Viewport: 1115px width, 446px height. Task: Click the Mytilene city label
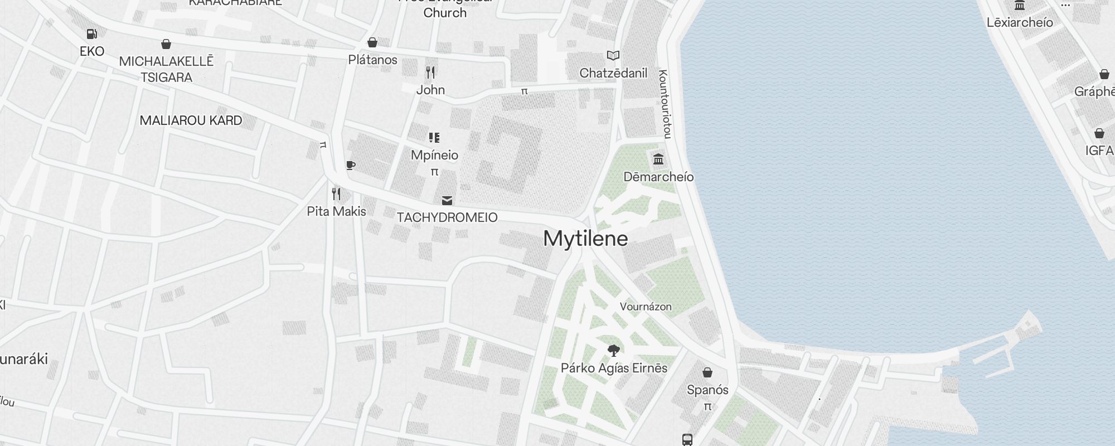point(585,239)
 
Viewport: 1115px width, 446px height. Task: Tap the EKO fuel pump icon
point(92,34)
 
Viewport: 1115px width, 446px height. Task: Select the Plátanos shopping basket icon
point(372,42)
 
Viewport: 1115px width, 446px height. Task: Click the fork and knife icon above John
point(430,72)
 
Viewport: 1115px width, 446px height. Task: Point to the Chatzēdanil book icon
point(613,55)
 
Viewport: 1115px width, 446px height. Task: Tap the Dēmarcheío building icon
point(658,159)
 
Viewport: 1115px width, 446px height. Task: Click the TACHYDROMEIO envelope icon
point(447,200)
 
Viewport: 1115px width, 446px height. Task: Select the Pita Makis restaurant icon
point(336,194)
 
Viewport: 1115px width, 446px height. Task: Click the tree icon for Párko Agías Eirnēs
point(614,351)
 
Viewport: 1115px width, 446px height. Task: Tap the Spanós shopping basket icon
point(707,372)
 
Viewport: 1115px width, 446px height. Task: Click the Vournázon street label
point(646,307)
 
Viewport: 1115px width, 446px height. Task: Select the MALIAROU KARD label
point(191,120)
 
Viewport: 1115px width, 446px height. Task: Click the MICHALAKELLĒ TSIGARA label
point(166,69)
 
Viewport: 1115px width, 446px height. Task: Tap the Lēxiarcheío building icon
point(1020,6)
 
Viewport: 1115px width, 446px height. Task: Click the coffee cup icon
point(350,165)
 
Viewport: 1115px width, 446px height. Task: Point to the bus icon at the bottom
point(687,439)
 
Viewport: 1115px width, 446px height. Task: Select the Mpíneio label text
point(434,155)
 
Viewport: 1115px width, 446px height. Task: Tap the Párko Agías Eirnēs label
point(614,368)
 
